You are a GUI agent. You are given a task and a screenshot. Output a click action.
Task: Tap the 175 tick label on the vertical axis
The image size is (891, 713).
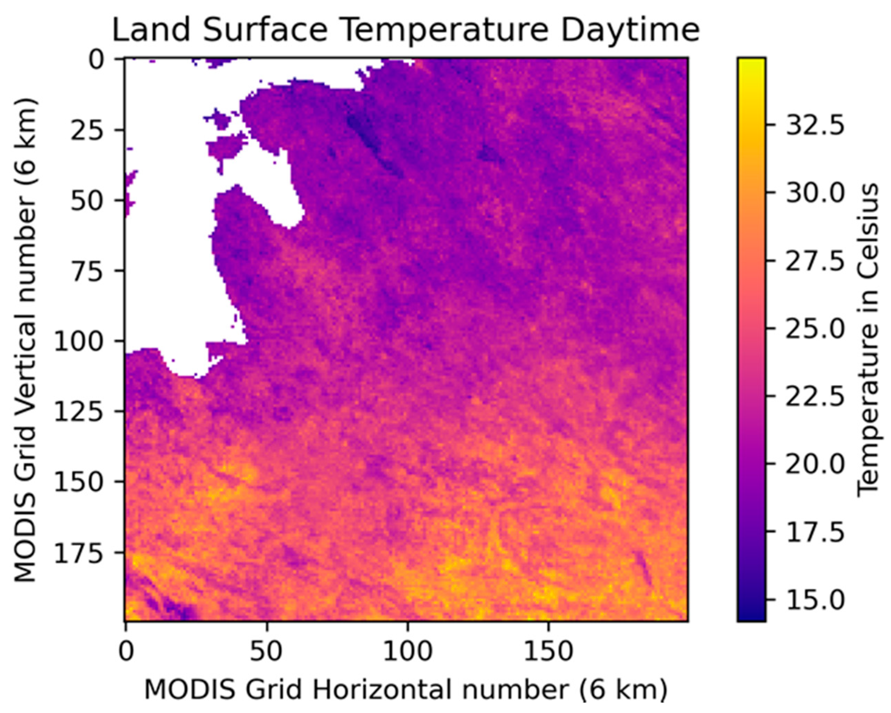(x=78, y=552)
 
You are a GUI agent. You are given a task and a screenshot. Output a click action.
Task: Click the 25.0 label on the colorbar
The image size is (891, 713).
(x=814, y=329)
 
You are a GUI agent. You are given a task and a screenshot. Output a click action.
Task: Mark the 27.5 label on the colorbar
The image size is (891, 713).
(x=814, y=261)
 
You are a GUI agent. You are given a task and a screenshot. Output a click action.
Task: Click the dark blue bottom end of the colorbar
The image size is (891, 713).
(x=751, y=616)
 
